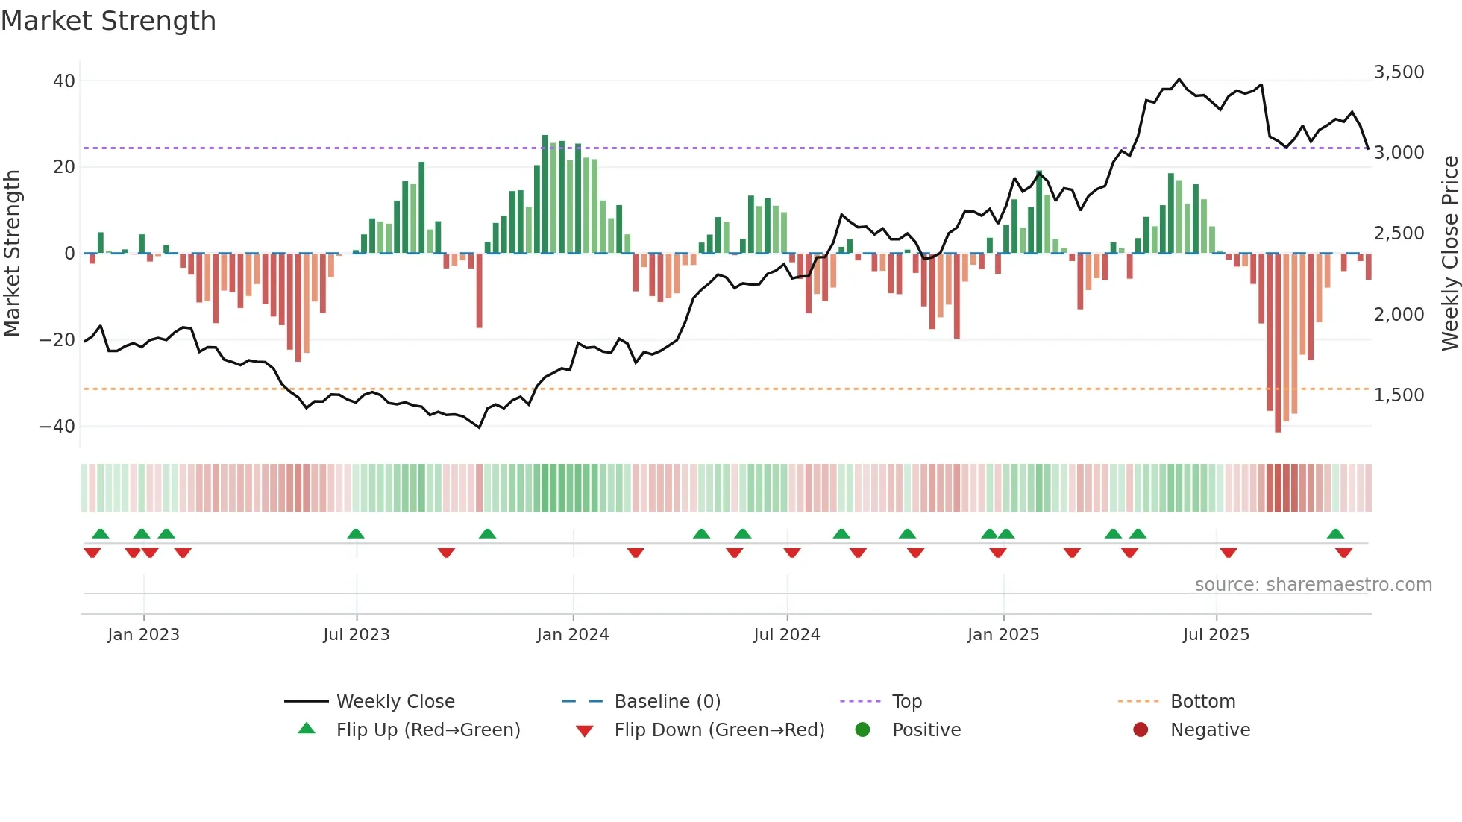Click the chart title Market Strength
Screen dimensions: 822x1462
tap(108, 21)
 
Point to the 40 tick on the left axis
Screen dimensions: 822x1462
tap(64, 81)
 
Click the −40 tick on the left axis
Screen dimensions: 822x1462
tap(57, 426)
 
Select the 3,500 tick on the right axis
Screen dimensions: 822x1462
tap(1399, 72)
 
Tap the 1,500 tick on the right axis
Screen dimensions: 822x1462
tap(1399, 395)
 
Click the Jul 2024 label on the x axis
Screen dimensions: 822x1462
tap(786, 634)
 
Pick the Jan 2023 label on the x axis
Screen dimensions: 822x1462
tap(143, 634)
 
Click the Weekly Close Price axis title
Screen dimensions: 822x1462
tap(1449, 253)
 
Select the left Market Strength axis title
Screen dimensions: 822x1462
tap(13, 253)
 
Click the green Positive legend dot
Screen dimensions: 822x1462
tap(862, 730)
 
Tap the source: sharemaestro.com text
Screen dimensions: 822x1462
tap(1313, 584)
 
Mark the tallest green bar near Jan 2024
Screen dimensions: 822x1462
tap(545, 194)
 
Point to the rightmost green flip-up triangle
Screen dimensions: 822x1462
tap(1335, 533)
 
